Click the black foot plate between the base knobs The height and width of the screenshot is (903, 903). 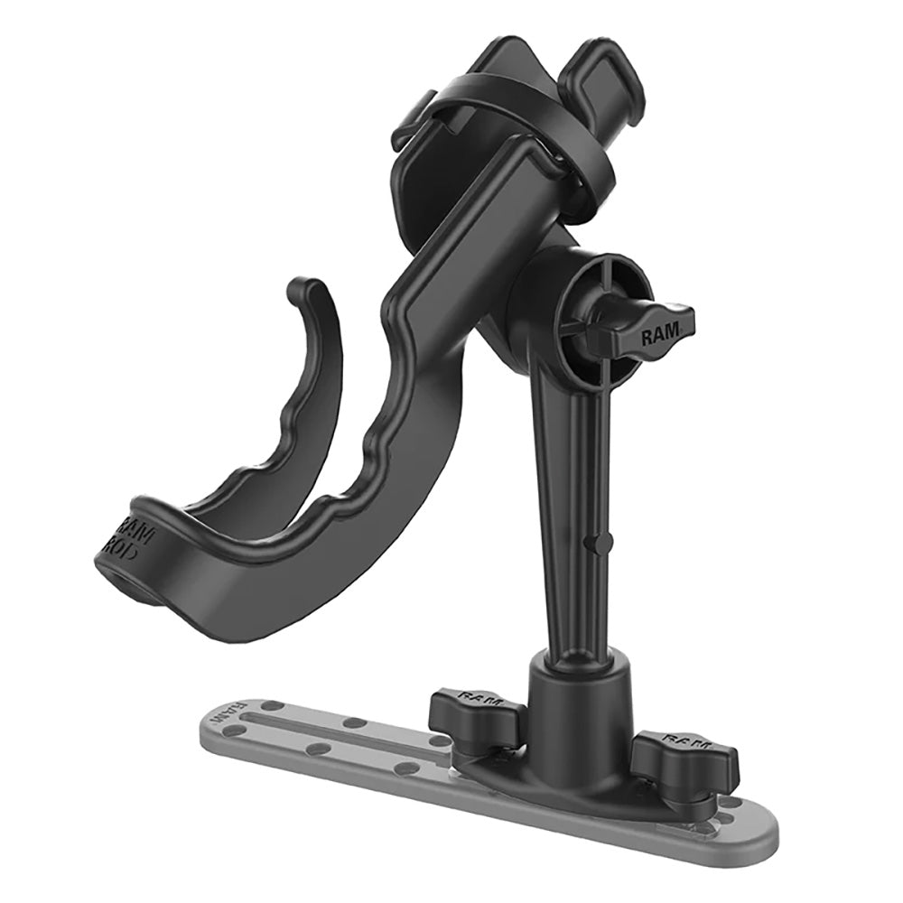click(x=578, y=777)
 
